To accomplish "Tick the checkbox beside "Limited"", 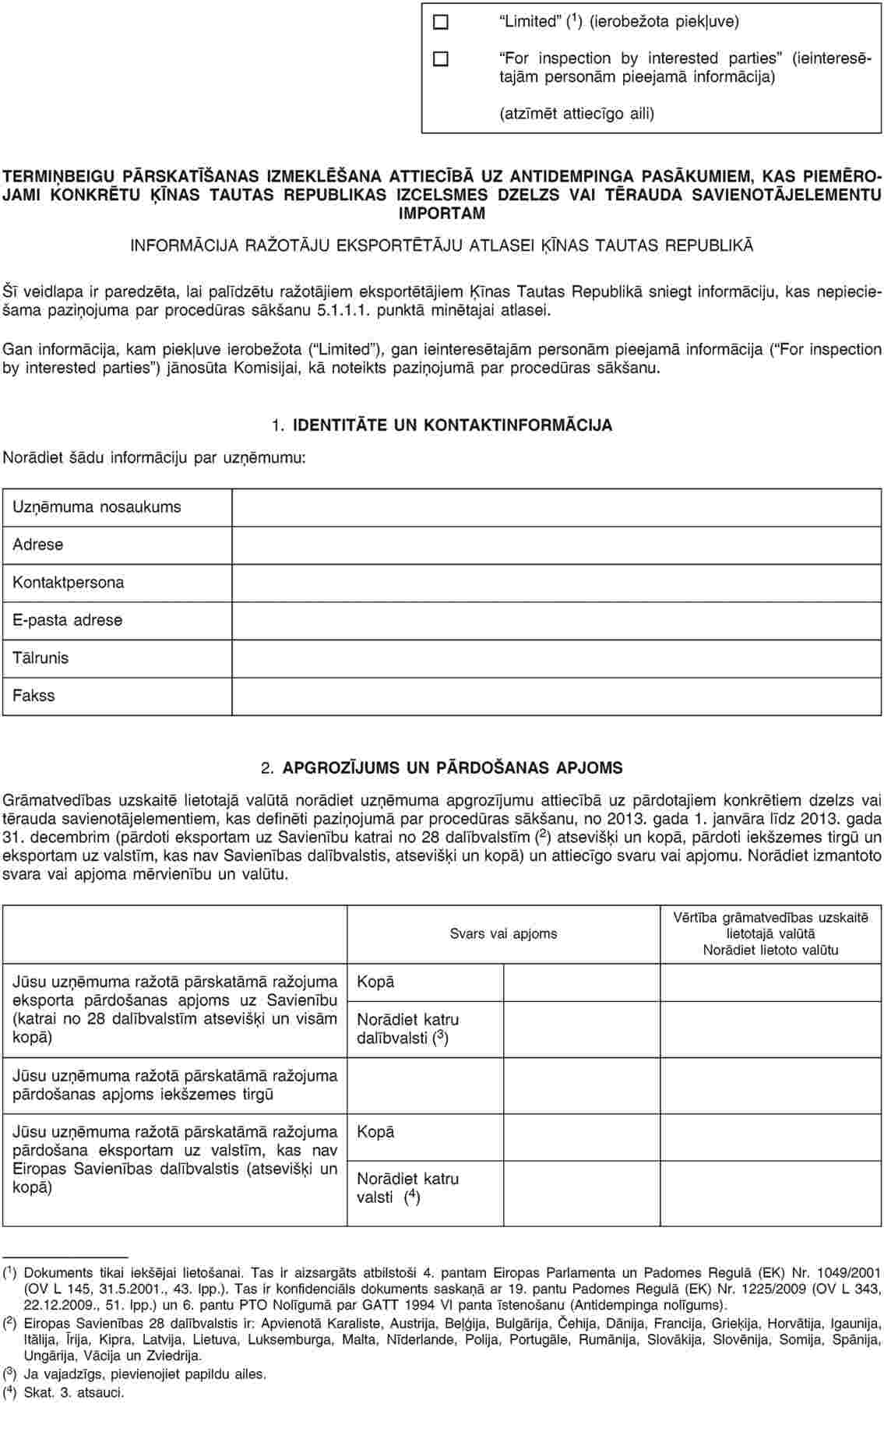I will coord(441,22).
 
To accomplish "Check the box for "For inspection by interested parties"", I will coord(441,58).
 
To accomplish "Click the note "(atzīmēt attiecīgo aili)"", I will coord(576,114).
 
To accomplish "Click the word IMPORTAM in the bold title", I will coord(442,213).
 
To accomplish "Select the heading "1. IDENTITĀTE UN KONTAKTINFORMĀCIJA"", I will coord(442,425).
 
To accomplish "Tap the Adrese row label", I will coord(38,545).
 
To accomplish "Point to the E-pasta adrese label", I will coord(68,620).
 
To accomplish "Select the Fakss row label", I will coord(34,696).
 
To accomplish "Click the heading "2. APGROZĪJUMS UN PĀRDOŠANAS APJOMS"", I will coord(442,768).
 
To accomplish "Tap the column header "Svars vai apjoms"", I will coord(503,933).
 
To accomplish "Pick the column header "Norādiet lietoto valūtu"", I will coord(770,950).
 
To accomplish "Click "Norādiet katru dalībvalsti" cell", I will coord(407,1028).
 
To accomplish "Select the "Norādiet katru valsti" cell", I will coord(407,1187).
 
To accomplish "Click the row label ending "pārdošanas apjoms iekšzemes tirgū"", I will coord(175,1085).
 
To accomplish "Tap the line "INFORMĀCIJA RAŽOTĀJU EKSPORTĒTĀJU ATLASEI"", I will coord(442,246).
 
